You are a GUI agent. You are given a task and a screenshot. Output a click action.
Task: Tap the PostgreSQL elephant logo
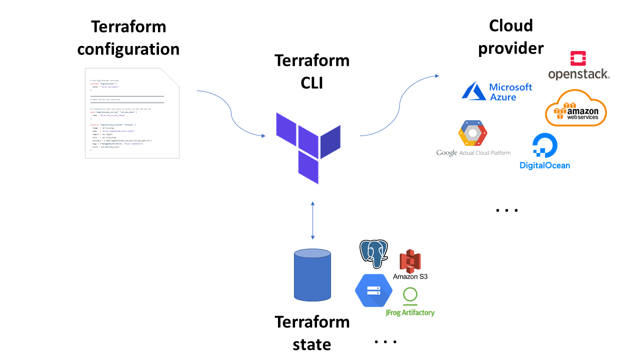(x=373, y=254)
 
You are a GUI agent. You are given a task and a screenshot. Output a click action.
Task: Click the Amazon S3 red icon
(x=410, y=261)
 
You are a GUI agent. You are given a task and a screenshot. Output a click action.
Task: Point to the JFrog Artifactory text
(x=410, y=312)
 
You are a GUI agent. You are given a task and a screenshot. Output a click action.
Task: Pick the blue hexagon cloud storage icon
(x=373, y=290)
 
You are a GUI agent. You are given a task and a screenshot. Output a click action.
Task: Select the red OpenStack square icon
(x=578, y=58)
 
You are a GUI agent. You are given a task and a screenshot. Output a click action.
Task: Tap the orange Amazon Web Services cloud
(x=575, y=108)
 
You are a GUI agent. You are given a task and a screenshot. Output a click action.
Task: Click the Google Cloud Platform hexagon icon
(x=472, y=133)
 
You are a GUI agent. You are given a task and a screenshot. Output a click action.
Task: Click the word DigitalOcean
(x=544, y=165)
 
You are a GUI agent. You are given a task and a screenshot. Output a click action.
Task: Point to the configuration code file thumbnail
(x=132, y=113)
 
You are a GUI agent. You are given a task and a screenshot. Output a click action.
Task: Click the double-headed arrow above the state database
(x=312, y=220)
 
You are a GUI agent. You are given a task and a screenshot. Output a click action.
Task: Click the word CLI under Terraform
(x=312, y=83)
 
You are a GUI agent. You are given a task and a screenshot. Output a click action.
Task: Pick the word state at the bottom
(x=312, y=344)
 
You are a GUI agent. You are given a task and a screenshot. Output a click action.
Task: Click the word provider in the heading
(x=510, y=48)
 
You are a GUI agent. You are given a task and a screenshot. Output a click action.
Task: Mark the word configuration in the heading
(x=128, y=49)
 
